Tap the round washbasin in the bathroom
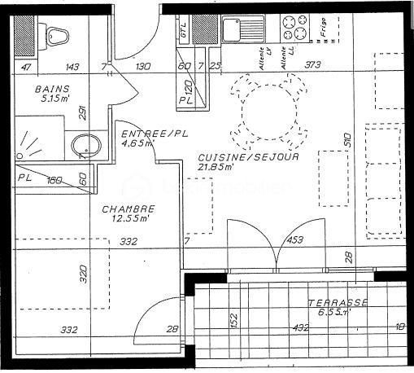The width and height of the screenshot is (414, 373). tap(85, 147)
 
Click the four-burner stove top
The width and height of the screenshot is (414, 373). tap(294, 29)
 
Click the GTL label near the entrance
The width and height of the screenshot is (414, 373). tap(184, 31)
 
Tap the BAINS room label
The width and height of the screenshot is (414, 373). tap(52, 89)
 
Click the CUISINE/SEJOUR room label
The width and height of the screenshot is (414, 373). tap(248, 157)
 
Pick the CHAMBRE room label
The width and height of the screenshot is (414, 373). tap(128, 208)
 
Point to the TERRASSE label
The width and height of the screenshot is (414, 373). tap(338, 303)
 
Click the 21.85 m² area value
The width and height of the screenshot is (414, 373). tap(218, 167)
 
